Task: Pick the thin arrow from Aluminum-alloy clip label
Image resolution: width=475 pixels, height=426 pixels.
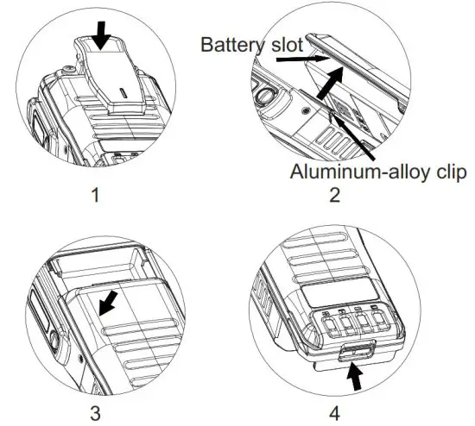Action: click(354, 138)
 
